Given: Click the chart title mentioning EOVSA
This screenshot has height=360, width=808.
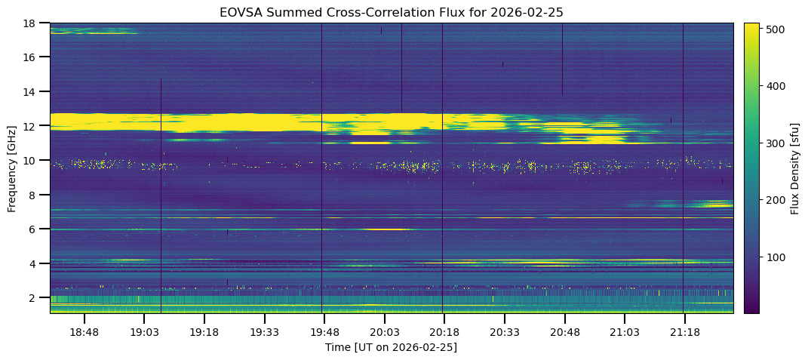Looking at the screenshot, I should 391,12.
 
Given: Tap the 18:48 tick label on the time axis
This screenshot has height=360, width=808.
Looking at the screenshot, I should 84,332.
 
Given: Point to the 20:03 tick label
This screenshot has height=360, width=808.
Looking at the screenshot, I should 384,332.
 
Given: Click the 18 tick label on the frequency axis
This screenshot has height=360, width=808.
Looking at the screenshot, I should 32,23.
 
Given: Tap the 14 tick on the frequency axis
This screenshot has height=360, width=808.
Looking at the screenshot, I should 32,91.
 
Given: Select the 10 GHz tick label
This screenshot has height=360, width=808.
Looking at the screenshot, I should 32,160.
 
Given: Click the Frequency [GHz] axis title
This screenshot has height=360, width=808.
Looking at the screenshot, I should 12,168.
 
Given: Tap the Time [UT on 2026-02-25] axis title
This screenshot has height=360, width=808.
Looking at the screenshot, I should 391,347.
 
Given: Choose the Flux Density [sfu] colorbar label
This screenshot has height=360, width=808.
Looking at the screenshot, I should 795,168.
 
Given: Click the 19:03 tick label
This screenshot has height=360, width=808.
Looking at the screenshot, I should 144,332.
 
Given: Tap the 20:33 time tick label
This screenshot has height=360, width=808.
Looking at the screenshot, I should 504,332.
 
